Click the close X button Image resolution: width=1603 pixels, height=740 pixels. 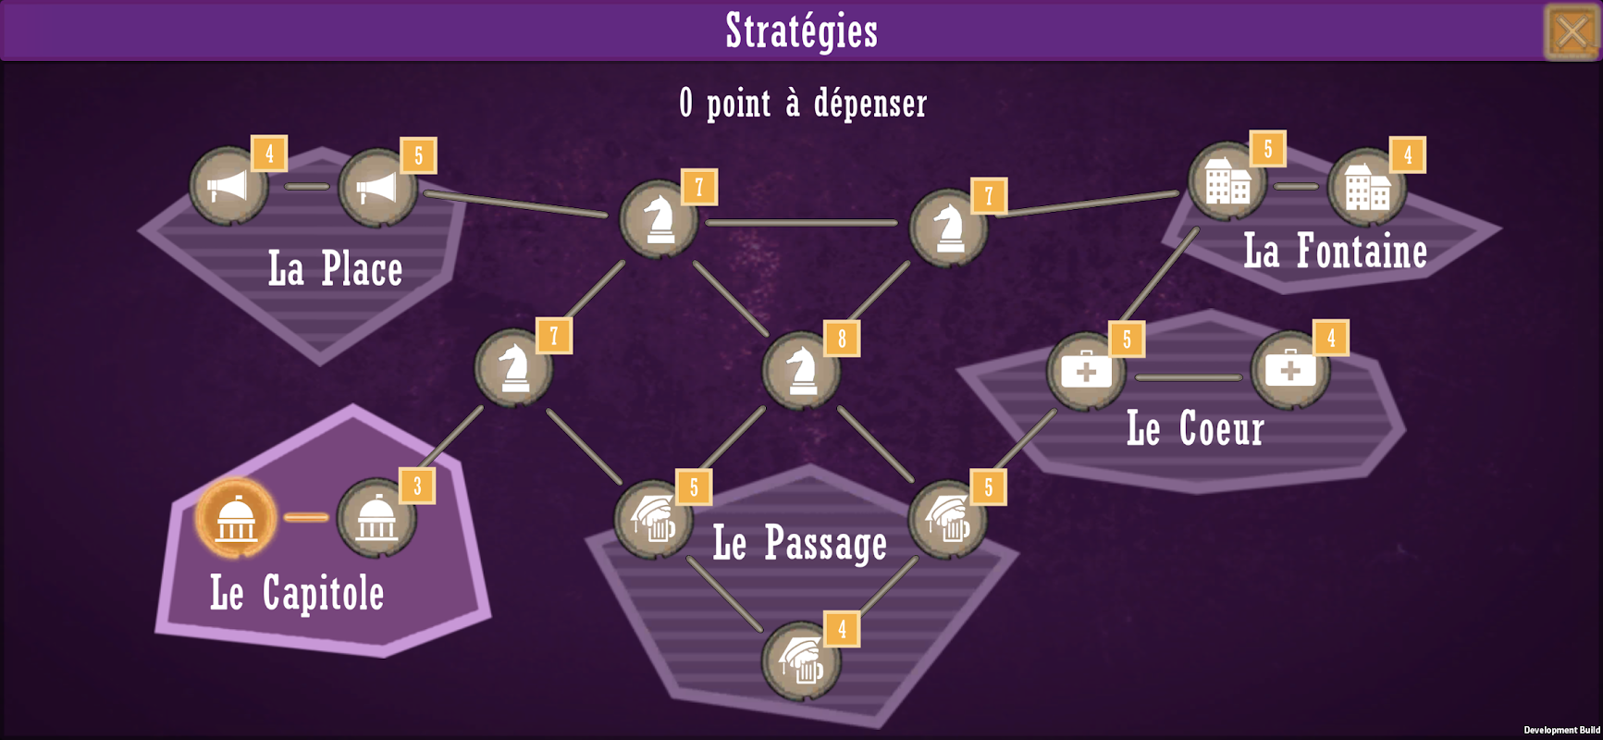click(1572, 32)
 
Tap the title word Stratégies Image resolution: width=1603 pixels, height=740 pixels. click(802, 31)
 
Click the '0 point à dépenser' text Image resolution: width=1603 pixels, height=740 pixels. click(803, 104)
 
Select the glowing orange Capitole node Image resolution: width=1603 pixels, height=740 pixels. click(236, 518)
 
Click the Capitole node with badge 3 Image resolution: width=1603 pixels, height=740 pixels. click(376, 518)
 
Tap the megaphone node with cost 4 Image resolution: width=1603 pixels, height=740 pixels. click(228, 186)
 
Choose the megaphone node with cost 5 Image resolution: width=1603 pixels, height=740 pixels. click(377, 188)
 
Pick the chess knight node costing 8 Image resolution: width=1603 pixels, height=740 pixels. click(801, 370)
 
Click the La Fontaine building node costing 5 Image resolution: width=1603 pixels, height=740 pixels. click(1227, 181)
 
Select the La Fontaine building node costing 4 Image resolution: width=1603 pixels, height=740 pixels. click(1367, 187)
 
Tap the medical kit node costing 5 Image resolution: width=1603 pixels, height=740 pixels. click(1086, 371)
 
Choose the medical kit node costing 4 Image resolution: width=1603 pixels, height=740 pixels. click(1290, 370)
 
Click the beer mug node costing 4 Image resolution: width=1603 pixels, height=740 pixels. click(801, 660)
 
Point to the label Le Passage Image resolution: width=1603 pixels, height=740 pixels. click(800, 543)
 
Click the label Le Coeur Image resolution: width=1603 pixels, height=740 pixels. click(1195, 428)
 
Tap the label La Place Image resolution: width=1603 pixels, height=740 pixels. click(336, 269)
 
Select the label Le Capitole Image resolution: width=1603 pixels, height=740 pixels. click(297, 592)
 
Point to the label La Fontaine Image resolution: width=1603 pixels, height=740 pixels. click(1336, 251)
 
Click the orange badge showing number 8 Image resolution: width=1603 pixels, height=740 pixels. click(842, 339)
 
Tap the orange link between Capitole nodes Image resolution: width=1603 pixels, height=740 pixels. click(306, 518)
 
